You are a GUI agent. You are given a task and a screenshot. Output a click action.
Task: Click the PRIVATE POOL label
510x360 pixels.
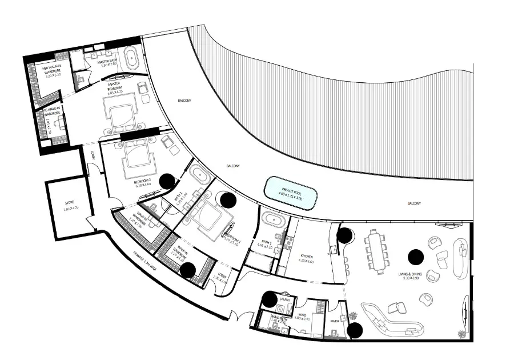click(291, 191)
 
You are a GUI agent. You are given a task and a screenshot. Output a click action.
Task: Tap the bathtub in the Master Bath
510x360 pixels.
click(132, 59)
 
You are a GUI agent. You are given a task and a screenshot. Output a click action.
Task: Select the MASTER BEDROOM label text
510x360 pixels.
click(118, 87)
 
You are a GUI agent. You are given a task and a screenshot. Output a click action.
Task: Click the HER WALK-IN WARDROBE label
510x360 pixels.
click(55, 71)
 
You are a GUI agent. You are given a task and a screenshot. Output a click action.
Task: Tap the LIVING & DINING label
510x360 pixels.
click(408, 276)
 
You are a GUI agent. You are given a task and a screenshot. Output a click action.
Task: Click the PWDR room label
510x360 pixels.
click(336, 321)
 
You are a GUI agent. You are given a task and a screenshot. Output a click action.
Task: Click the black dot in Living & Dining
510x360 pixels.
click(415, 258)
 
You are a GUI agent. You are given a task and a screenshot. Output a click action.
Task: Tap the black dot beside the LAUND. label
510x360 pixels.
click(270, 298)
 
